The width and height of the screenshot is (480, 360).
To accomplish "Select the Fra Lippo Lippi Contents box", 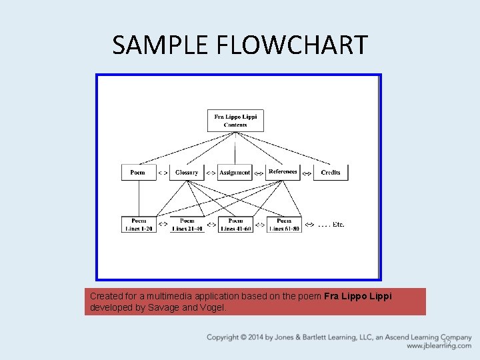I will point(235,121).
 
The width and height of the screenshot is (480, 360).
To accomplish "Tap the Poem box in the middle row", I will point(138,172).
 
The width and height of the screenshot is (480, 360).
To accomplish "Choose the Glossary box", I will point(187,172).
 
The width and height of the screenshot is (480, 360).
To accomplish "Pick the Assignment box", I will point(235,172).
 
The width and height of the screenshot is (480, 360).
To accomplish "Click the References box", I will point(283,172).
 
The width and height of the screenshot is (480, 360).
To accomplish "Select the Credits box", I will point(331,172).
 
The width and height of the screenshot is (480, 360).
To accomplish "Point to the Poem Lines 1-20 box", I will point(139,225).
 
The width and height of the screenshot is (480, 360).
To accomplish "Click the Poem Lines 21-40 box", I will point(187,225).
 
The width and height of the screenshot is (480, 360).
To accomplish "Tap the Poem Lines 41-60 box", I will point(235,225).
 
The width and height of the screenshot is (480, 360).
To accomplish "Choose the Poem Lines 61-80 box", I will point(284,225).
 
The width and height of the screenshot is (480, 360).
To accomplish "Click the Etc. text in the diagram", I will point(331,225).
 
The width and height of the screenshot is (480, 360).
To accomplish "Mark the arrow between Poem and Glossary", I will point(163,173).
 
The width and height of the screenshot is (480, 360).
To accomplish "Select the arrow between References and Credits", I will point(307,173).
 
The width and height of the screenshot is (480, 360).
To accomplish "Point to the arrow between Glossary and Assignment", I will point(211,173).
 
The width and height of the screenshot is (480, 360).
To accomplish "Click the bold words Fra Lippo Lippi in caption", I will point(358,296).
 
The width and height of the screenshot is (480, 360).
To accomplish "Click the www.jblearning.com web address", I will point(439,346).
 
